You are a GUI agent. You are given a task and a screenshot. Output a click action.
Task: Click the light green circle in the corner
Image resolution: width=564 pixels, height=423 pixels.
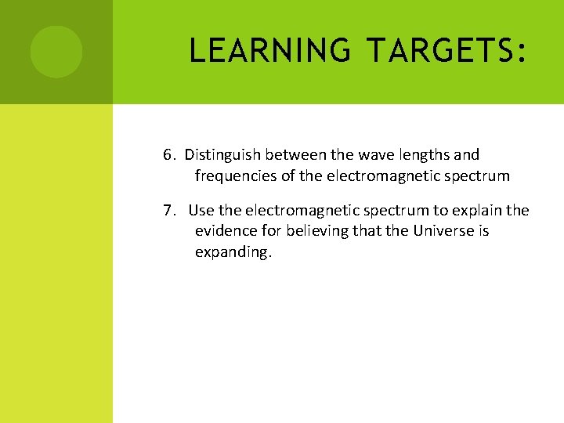coord(56,52)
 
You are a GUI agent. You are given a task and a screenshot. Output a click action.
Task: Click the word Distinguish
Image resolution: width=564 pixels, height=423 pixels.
coord(220,155)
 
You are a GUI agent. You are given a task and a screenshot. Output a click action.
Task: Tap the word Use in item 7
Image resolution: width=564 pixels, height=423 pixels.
coord(201,211)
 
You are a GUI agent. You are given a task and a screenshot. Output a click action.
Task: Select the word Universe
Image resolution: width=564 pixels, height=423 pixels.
coord(443,232)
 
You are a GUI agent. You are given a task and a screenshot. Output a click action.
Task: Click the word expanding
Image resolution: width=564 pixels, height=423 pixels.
coord(233,253)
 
